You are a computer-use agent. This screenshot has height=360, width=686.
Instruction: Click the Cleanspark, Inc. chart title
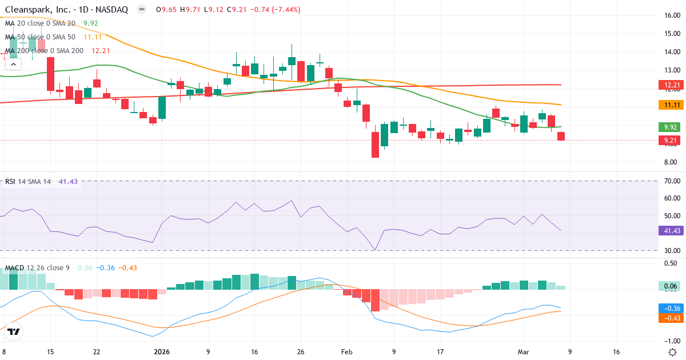pos(66,10)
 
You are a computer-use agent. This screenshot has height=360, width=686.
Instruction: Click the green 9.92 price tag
pos(668,127)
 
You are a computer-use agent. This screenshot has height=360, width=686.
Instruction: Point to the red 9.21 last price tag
pos(668,140)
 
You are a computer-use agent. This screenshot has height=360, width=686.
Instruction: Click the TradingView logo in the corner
pos(14,331)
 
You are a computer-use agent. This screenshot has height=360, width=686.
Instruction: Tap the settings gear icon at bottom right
pos(673,352)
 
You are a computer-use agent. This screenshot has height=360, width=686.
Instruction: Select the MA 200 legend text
pos(45,50)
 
